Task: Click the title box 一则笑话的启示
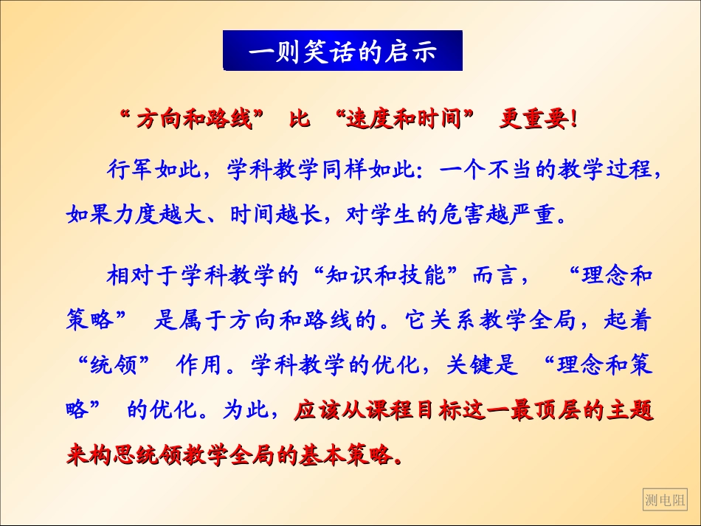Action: coord(342,51)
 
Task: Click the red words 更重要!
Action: coord(537,120)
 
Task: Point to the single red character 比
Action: coord(300,120)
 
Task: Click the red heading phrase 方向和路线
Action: coord(194,120)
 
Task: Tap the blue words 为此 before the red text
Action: coord(244,410)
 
